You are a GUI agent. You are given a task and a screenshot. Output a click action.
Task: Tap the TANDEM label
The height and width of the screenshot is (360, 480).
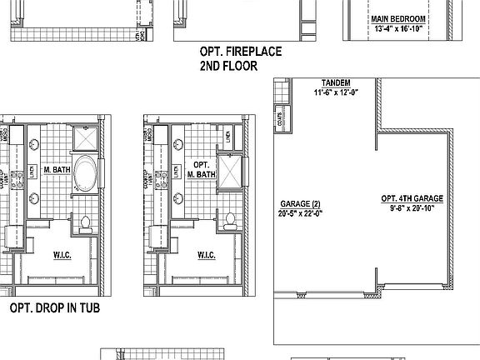[335, 83]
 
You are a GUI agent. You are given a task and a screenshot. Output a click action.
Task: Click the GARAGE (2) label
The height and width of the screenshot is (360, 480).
[300, 203]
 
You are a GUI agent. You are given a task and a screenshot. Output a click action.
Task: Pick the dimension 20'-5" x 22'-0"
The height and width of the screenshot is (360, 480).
[300, 212]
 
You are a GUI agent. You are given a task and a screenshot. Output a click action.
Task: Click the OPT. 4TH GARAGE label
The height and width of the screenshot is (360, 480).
[412, 198]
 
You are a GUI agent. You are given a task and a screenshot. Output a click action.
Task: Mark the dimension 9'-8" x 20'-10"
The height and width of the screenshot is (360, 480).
[412, 208]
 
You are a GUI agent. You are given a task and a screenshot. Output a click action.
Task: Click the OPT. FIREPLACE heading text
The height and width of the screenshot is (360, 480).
[240, 51]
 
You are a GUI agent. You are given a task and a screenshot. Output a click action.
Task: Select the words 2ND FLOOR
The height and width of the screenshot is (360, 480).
[228, 65]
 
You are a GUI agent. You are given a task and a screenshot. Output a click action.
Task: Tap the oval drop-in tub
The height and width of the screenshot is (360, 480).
[85, 173]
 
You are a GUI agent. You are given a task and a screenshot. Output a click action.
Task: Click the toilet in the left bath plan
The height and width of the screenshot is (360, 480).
[85, 222]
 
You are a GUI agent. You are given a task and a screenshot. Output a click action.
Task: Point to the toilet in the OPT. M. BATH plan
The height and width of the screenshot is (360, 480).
[228, 221]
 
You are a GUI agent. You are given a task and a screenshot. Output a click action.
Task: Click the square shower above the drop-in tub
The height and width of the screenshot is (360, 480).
[85, 137]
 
